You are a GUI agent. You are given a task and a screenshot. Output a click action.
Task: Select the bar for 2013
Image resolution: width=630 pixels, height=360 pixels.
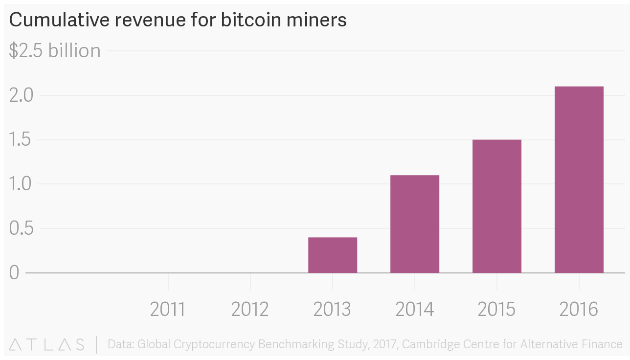coord(333,255)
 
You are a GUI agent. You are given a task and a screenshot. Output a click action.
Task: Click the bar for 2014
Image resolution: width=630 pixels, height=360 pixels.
coord(415,224)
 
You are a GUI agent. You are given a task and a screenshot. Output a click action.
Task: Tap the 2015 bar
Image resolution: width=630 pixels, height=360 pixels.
coord(497,206)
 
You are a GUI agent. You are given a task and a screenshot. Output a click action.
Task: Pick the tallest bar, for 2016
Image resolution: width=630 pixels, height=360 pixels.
coord(579,180)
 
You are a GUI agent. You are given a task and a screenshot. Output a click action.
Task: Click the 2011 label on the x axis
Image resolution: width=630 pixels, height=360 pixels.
coord(168,309)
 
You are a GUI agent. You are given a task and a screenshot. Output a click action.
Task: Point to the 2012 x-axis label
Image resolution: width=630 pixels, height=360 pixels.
coord(250,309)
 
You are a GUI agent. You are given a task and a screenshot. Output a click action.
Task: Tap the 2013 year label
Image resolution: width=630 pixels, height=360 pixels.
coord(332,309)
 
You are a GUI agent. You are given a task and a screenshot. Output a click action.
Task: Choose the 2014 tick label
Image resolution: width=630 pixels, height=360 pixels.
coord(414,309)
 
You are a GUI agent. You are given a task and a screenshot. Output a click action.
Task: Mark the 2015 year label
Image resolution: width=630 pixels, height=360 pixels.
coord(496,309)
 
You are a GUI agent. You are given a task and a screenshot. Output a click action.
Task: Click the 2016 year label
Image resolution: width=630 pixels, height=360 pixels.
coord(579,309)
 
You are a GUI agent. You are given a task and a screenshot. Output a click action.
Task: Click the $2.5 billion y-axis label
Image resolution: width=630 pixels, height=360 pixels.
coord(55,51)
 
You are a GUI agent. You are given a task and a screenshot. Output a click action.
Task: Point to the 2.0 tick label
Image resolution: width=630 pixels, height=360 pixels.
coord(21,95)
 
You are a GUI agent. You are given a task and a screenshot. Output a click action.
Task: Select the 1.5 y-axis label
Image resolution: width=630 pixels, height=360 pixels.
coord(21,140)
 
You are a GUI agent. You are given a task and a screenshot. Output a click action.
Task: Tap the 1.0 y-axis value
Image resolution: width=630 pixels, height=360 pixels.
coord(21,184)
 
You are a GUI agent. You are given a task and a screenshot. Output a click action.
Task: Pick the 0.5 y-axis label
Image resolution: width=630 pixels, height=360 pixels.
coord(21,228)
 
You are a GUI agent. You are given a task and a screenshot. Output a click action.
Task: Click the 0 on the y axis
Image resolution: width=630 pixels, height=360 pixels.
coord(14,272)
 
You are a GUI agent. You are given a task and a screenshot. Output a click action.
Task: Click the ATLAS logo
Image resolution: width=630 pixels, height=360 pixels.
coord(47,344)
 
